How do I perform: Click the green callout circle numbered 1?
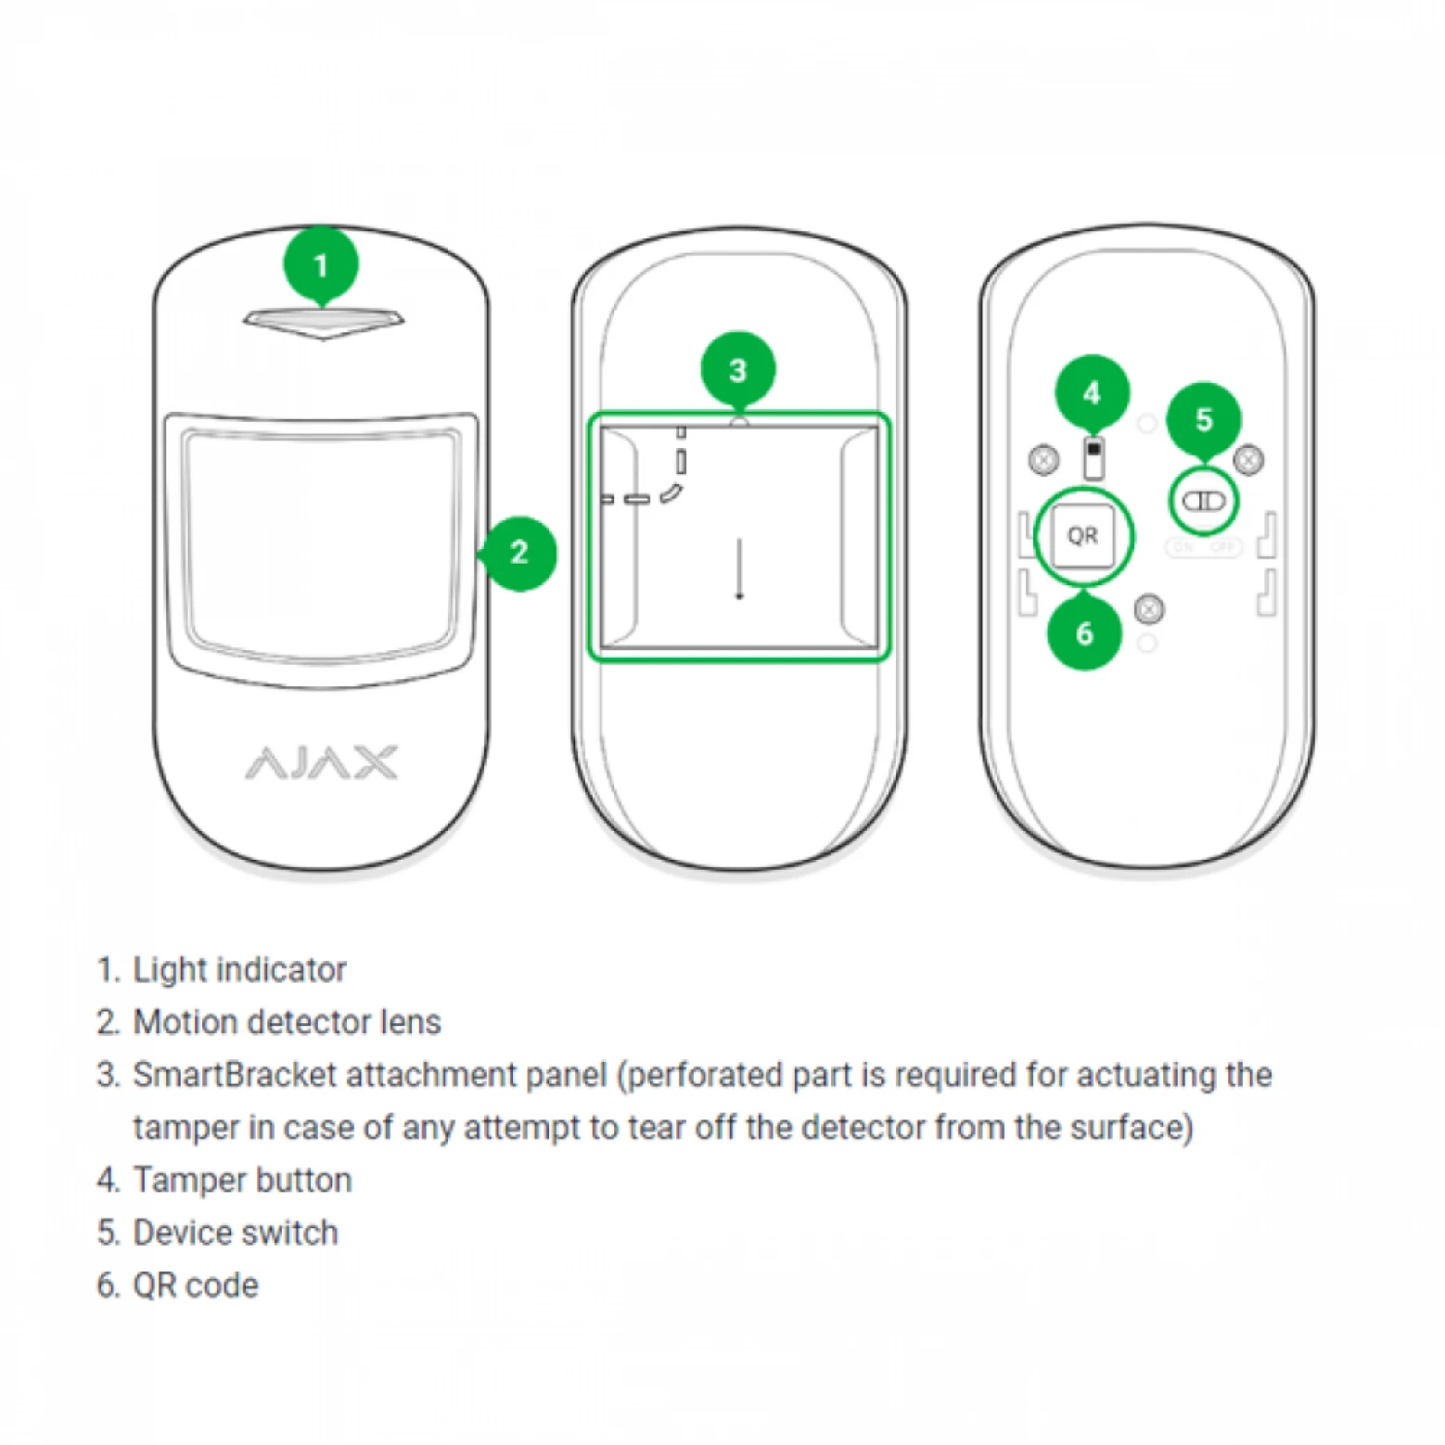pos(321,265)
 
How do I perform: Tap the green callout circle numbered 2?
pos(519,553)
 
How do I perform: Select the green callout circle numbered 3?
pos(737,370)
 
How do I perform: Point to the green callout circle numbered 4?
pos(1092,392)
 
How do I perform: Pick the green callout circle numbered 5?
pos(1203,419)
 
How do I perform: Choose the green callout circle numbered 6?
pos(1084,633)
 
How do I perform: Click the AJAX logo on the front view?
pos(322,762)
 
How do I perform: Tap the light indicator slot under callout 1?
pos(323,320)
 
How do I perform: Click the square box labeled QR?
pos(1082,535)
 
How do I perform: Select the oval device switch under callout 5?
pos(1203,502)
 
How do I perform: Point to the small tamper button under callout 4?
pos(1094,456)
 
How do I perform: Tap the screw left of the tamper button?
pos(1044,458)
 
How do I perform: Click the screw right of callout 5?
pos(1248,458)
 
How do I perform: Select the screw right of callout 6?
pos(1149,608)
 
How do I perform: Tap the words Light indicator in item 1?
pos(239,970)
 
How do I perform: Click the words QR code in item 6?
pos(196,1285)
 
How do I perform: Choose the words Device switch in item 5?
pos(236,1233)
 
